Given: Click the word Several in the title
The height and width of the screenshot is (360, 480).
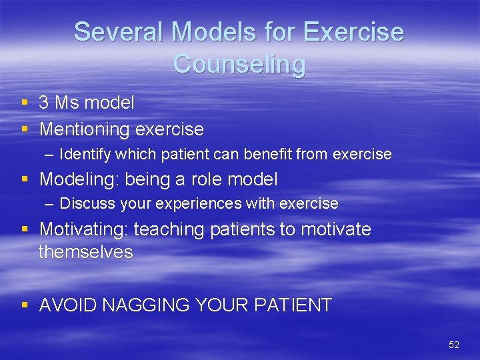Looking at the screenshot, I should pyautogui.click(x=110, y=32).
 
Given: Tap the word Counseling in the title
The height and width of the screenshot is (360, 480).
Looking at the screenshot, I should pyautogui.click(x=239, y=64).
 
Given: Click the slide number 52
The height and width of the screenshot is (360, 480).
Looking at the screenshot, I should pyautogui.click(x=454, y=345).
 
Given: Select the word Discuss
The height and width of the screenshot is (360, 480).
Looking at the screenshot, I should pyautogui.click(x=84, y=203).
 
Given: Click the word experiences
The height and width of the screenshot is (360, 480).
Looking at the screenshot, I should pyautogui.click(x=193, y=203).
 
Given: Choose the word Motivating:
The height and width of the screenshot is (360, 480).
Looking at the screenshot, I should pyautogui.click(x=84, y=229).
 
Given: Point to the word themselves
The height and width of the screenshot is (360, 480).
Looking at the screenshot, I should pyautogui.click(x=85, y=252).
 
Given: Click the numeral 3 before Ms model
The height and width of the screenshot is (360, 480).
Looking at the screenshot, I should pyautogui.click(x=44, y=103).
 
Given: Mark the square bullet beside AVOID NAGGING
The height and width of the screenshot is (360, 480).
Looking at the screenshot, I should pyautogui.click(x=25, y=305).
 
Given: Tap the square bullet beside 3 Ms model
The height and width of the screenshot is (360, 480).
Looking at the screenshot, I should pyautogui.click(x=25, y=103).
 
